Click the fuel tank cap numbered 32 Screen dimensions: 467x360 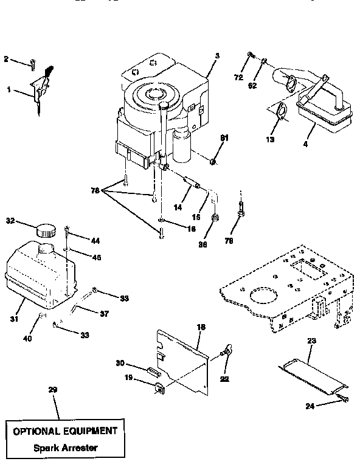click(x=45, y=230)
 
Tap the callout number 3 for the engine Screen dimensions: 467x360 click(x=216, y=55)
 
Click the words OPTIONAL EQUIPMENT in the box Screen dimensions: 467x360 click(x=63, y=431)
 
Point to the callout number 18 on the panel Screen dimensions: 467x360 click(x=201, y=328)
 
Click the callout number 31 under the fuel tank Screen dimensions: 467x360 click(x=13, y=318)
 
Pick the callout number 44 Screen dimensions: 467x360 click(x=95, y=240)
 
